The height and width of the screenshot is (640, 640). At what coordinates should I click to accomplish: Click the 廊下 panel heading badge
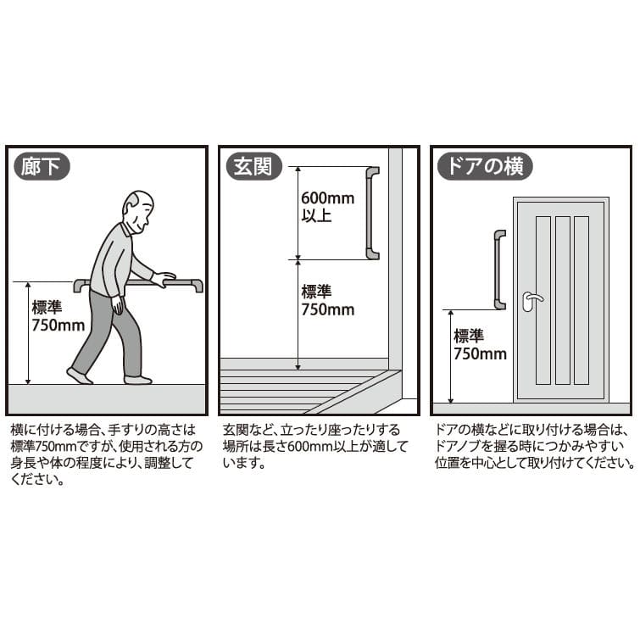point(42,166)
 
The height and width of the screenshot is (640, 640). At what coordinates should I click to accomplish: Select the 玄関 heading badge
point(253,166)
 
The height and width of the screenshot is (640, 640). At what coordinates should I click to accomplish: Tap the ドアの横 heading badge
point(485,166)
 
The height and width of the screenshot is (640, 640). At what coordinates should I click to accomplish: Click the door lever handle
point(531,300)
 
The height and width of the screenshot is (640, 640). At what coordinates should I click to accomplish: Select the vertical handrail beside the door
point(499,270)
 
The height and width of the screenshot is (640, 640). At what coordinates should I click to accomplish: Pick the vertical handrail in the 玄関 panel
point(372,213)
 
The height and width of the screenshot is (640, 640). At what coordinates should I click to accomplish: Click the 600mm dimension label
point(328,198)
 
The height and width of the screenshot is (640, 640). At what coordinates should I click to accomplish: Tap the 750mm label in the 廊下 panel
point(58,326)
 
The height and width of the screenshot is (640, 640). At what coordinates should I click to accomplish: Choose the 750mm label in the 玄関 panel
point(328,309)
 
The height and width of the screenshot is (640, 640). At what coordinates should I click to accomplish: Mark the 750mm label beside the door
point(480,353)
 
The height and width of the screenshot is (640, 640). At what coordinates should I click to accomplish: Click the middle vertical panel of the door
point(563,300)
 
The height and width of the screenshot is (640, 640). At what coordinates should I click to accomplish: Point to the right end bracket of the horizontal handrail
point(198,286)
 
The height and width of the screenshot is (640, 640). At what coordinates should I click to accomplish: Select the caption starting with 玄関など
point(315,447)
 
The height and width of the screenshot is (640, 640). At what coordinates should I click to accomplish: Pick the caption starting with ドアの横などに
point(535,447)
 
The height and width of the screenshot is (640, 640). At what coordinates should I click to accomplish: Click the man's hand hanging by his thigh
point(118,304)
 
